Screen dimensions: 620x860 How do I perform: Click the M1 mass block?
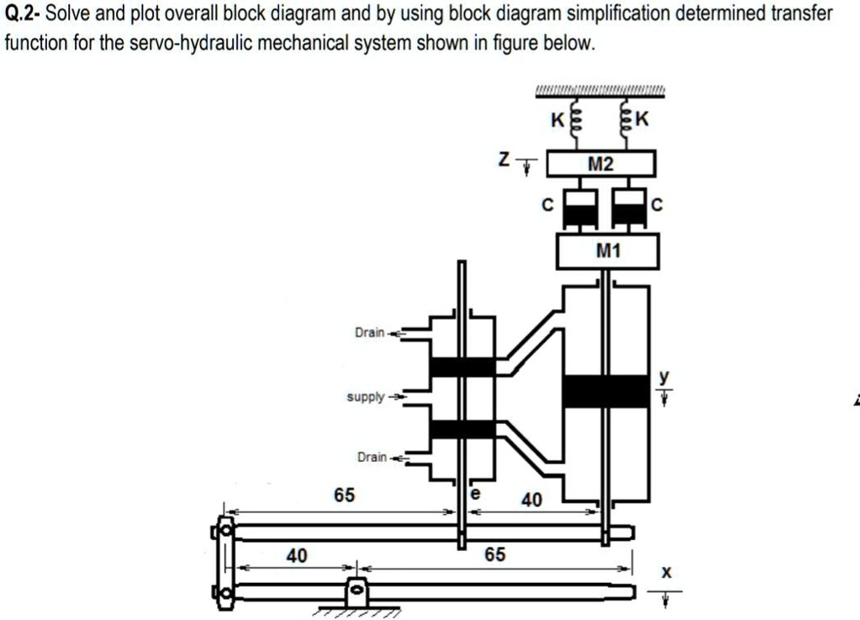pos(607,251)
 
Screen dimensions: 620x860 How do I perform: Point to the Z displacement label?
pos(503,161)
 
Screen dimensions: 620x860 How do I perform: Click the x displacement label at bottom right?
pos(666,572)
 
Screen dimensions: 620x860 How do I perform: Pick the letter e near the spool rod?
pos(476,495)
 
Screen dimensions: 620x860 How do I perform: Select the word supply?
pos(366,396)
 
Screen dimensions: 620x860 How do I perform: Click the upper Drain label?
pos(370,333)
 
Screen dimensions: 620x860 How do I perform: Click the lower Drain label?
pos(372,457)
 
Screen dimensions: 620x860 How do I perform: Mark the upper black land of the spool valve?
pos(462,368)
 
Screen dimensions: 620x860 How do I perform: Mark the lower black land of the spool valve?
pos(462,429)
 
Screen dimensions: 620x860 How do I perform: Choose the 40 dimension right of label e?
pos(532,501)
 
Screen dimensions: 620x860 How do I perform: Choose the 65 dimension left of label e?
pos(344,495)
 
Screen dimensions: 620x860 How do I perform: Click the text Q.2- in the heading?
pos(23,14)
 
